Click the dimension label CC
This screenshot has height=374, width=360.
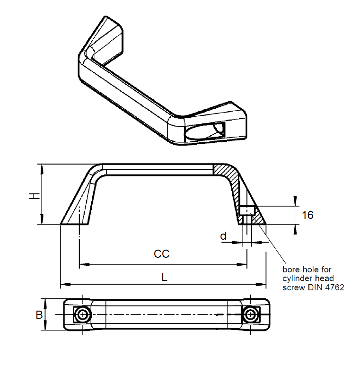161,254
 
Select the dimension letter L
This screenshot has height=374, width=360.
164,278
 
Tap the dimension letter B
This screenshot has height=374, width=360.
40,315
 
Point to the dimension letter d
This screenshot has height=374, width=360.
223,235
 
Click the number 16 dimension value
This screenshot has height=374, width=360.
307,216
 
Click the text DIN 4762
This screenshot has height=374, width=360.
327,287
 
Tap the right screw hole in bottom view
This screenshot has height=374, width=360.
249,314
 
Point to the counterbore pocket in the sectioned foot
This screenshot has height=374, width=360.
247,210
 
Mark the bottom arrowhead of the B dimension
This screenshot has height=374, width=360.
45,327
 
